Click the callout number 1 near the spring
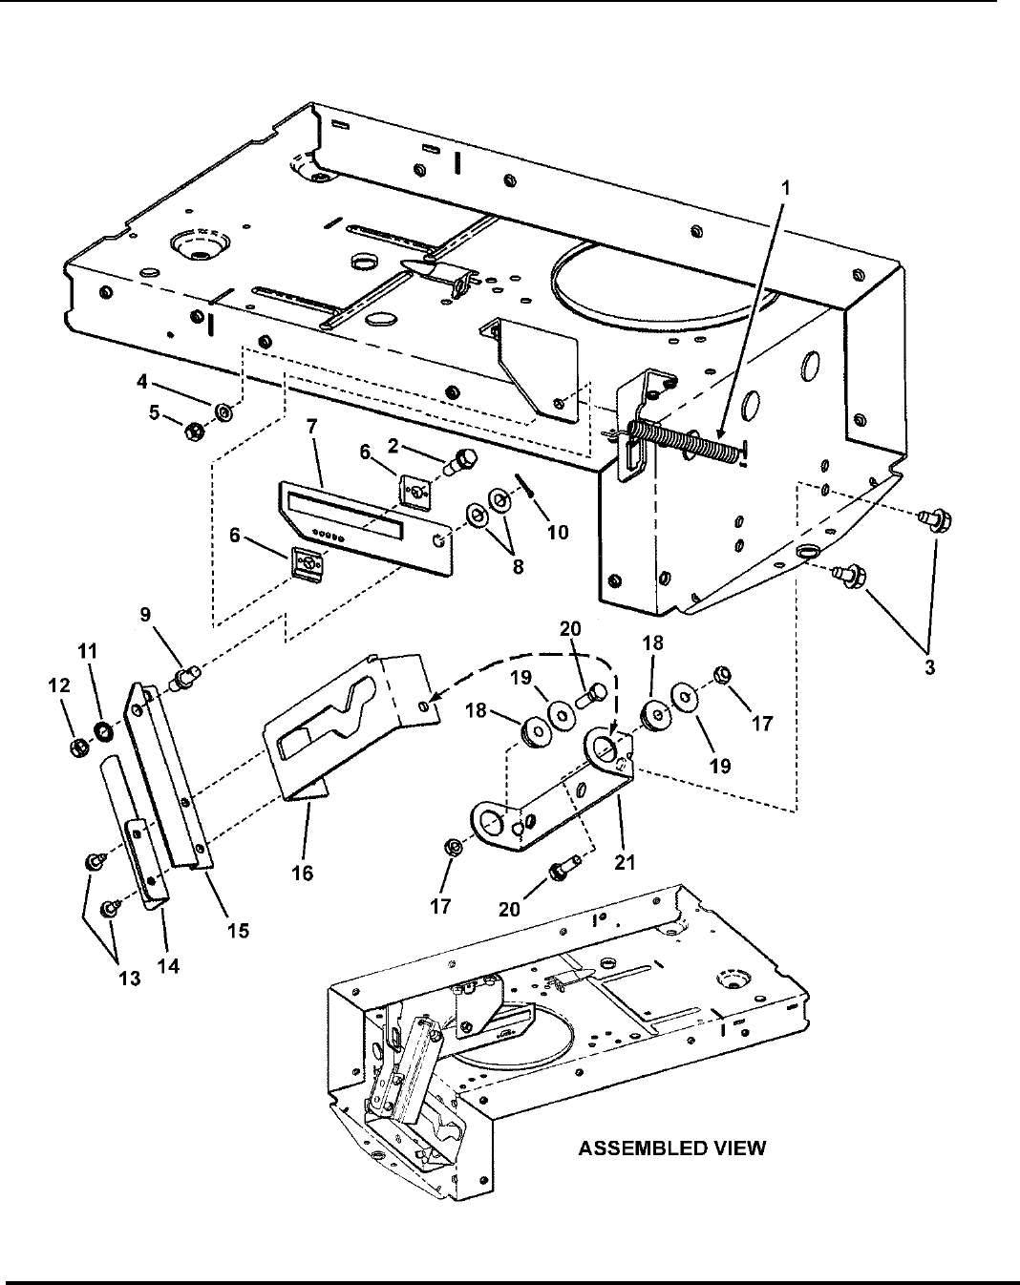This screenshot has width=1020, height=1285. coord(786,188)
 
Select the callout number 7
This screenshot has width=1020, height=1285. coord(311,427)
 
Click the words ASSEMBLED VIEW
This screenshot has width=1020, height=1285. coord(672,1149)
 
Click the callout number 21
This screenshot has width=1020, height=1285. coord(625,862)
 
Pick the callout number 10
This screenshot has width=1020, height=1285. coord(558,532)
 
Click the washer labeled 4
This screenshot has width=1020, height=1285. coord(224,411)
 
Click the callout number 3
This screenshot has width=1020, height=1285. coord(930,667)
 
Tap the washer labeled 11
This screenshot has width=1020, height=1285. coord(103,731)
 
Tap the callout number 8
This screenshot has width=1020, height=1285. coord(518,566)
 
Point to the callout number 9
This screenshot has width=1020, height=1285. coord(146,615)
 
